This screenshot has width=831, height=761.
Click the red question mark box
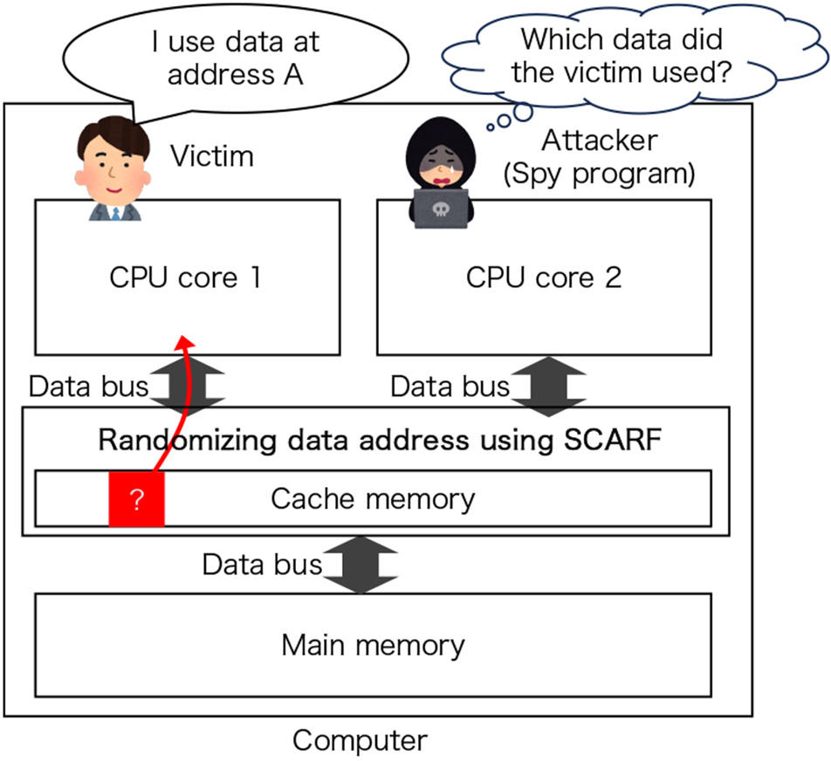click(136, 500)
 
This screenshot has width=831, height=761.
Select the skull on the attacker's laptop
click(440, 209)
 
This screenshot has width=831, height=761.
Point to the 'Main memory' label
click(373, 646)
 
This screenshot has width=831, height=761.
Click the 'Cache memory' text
click(373, 499)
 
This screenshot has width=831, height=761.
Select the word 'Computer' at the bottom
click(360, 741)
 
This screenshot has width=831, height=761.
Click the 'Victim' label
click(211, 156)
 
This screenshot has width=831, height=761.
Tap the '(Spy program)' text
click(599, 173)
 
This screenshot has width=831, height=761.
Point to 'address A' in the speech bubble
click(236, 74)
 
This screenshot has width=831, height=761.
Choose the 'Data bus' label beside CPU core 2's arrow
click(449, 385)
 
